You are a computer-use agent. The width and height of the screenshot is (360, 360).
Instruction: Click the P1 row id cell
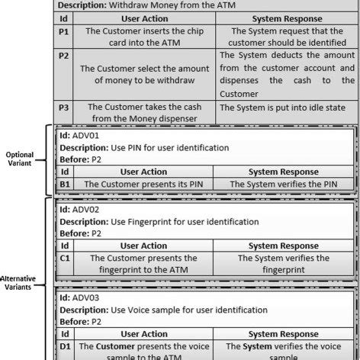pos(64,37)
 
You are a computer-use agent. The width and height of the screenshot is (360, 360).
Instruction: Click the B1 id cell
pos(66,183)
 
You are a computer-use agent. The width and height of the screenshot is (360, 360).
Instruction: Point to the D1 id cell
pos(66,348)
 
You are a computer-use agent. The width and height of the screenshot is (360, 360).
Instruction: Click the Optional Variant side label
pos(21,157)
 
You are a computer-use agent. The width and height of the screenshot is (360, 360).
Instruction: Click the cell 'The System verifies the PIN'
pos(284,184)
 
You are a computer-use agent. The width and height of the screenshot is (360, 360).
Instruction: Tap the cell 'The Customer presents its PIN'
pos(143,184)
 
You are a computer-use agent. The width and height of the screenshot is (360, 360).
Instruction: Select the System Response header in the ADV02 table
pos(284,246)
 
